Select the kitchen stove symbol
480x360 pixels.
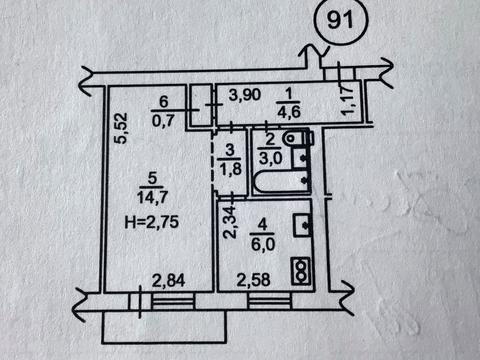click(298, 267)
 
